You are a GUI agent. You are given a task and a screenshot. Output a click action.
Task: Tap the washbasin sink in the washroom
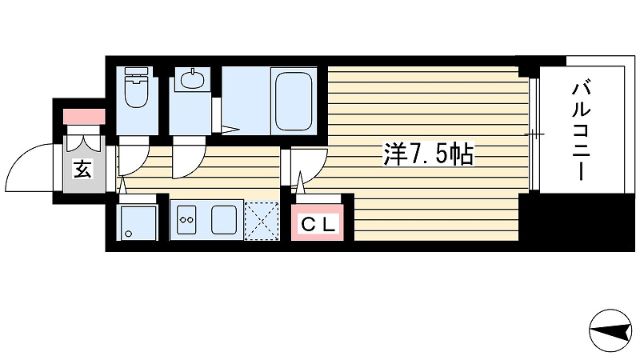tap(192, 79)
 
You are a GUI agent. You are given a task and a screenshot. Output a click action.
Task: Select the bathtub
tap(294, 101)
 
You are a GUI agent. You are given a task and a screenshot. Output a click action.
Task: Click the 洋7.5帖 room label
tap(428, 154)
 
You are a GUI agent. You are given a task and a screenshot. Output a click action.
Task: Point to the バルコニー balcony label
tap(582, 131)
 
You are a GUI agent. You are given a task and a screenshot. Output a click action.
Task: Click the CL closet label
tap(318, 224)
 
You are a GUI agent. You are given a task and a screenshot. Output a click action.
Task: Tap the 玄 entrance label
tap(82, 169)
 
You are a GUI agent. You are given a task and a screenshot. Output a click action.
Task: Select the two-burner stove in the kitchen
tap(187, 219)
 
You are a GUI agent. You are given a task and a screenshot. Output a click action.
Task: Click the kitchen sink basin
tap(224, 219)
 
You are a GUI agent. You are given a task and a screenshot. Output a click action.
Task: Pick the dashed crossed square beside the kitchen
tap(262, 221)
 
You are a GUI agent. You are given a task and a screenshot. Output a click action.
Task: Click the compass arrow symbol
tap(610, 330)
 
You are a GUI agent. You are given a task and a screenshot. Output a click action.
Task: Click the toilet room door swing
tap(134, 157)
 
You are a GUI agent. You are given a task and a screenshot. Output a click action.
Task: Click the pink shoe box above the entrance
tap(84, 116)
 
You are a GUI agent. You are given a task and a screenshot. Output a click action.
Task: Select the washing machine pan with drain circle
tap(137, 223)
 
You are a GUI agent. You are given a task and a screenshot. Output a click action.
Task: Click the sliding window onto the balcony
tap(534, 134)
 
